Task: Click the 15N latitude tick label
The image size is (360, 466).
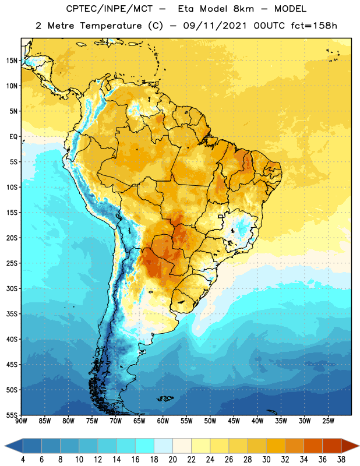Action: [12, 61]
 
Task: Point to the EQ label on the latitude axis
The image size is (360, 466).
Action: [13, 137]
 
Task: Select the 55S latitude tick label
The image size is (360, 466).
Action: [12, 415]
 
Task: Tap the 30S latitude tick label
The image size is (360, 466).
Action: [12, 288]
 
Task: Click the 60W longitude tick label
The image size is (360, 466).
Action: [163, 421]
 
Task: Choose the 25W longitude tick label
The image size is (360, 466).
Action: [328, 421]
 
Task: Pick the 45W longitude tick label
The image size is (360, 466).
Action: [234, 421]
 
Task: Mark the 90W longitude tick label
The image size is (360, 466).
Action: [21, 421]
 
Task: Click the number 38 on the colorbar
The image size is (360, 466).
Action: [341, 460]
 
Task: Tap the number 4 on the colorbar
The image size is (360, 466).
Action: [23, 460]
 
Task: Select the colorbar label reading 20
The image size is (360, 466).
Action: [172, 460]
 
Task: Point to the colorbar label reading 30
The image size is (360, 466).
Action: [266, 460]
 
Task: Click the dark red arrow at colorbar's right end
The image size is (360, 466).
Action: [350, 446]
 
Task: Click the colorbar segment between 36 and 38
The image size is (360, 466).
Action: [332, 446]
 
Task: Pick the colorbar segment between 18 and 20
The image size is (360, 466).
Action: [163, 446]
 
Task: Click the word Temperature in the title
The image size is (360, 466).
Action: [111, 26]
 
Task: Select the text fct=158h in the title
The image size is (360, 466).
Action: [314, 26]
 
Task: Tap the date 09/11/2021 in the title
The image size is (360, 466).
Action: [215, 26]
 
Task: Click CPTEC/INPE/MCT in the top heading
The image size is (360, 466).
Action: [109, 9]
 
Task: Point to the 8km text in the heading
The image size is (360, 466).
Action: [243, 9]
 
